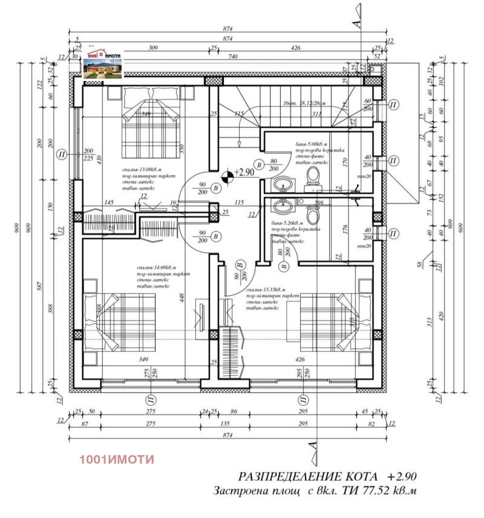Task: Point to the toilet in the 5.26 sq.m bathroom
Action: tap(313, 214)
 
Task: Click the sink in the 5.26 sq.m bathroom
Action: tap(282, 207)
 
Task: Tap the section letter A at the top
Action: tap(356, 24)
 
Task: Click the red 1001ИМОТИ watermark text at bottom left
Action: tap(117, 459)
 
